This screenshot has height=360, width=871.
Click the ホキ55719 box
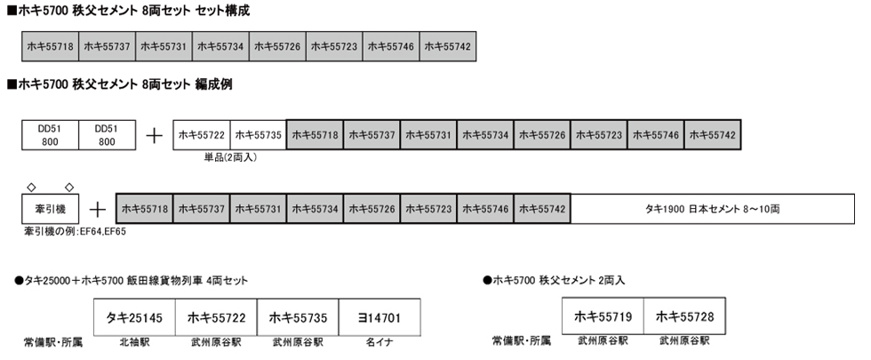tap(603, 316)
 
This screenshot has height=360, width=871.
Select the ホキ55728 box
tap(685, 316)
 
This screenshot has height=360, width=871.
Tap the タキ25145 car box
tap(134, 316)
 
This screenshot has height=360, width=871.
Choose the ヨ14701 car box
tap(378, 316)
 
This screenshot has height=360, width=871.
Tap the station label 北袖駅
tap(134, 341)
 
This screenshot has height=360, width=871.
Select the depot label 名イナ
tap(378, 341)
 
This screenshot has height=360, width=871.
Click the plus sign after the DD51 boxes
tap(154, 135)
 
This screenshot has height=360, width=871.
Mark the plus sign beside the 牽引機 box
tap(98, 210)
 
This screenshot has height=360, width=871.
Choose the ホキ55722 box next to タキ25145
tap(215, 316)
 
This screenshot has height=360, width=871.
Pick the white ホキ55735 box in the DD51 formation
tap(258, 135)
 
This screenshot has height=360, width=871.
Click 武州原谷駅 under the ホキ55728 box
tap(685, 340)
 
